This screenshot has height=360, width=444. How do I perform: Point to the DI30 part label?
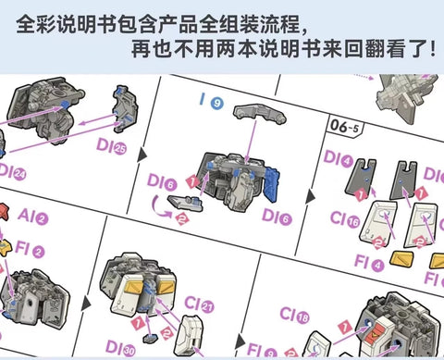(x=118, y=350)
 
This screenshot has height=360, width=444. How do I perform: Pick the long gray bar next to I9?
(x=262, y=110)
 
